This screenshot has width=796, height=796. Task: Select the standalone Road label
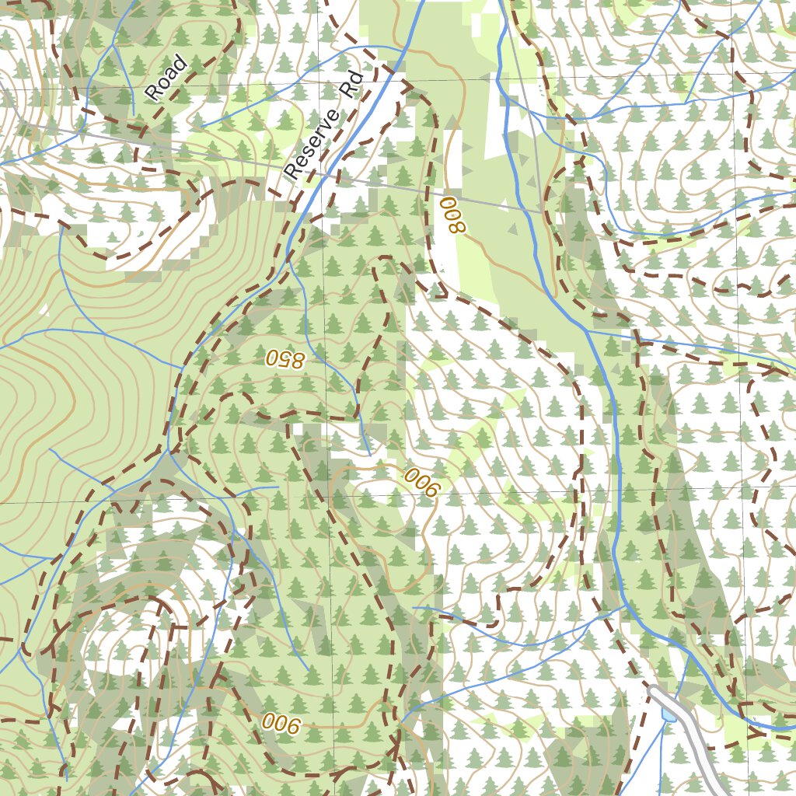[x=166, y=78]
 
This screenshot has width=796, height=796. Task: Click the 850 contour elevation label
[x=285, y=358]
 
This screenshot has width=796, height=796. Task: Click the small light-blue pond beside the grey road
[x=668, y=714]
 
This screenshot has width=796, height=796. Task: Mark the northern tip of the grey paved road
[x=653, y=689]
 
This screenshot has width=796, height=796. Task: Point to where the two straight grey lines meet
[x=541, y=211]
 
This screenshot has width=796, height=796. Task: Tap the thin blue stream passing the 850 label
[x=311, y=326]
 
